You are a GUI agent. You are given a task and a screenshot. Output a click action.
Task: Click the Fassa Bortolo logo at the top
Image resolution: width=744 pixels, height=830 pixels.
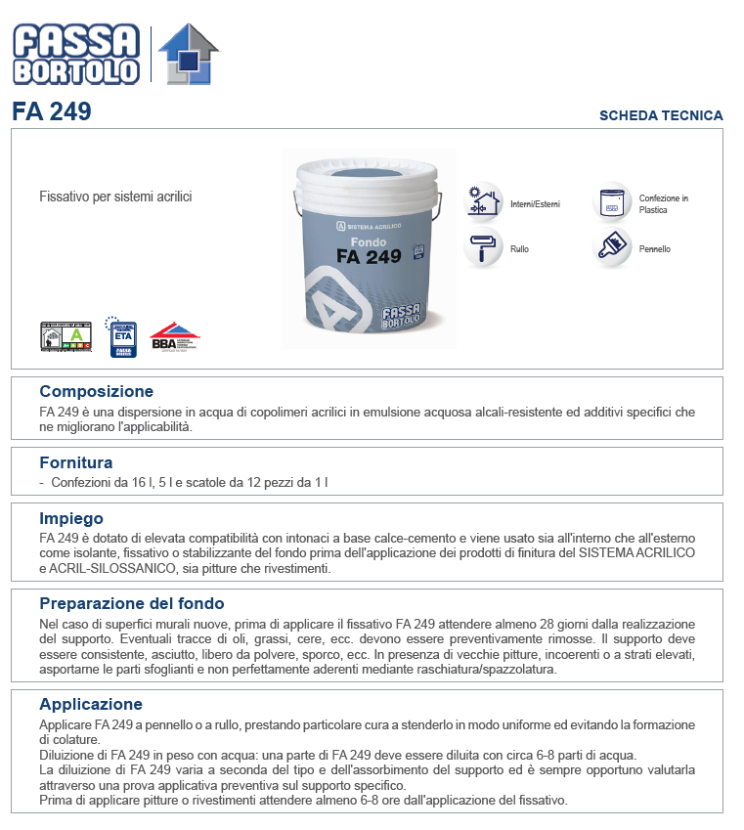75,53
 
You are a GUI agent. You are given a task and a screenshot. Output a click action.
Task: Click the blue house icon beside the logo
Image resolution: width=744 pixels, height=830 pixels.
189,55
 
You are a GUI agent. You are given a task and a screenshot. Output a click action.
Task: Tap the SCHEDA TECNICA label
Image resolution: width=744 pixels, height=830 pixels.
661,115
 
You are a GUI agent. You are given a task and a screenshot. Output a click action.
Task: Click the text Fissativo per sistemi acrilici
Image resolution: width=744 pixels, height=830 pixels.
115,197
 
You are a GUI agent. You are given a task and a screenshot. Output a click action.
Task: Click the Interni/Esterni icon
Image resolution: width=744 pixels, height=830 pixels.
482,203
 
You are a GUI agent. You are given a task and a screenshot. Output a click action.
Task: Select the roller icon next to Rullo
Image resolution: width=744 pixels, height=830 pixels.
482,248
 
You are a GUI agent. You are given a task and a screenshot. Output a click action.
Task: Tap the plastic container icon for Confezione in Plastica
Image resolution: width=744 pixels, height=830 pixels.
614,203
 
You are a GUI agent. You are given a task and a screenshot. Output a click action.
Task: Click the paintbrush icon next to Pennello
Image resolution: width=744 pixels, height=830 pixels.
614,248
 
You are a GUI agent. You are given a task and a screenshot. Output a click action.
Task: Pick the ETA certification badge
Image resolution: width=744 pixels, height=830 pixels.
121,334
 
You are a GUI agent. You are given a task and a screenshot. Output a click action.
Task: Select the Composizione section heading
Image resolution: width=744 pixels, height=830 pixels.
96,392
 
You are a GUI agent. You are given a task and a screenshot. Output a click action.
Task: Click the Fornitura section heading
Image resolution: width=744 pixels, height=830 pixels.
75,462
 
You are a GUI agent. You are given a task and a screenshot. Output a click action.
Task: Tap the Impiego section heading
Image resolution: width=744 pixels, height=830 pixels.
70,518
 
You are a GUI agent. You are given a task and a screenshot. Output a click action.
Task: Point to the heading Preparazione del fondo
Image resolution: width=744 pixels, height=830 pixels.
131,603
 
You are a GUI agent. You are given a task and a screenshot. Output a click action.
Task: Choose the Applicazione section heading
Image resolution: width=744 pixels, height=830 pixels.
91,704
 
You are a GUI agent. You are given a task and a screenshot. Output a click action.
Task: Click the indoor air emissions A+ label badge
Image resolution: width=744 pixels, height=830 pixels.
65,336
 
